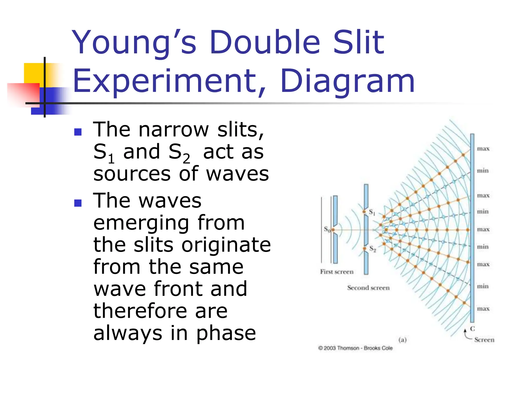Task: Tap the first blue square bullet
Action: (78, 132)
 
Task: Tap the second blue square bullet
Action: (78, 203)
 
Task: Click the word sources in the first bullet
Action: (132, 174)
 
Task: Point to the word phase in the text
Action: (226, 333)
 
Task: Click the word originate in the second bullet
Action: (226, 245)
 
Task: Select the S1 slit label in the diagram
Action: (372, 212)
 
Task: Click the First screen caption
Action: (336, 272)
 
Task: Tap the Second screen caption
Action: (368, 288)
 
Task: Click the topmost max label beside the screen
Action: (483, 149)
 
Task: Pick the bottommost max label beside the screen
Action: (483, 309)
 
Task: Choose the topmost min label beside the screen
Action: (483, 171)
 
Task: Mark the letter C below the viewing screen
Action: (472, 329)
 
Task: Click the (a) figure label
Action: (402, 340)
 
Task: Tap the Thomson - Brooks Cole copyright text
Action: (355, 348)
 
